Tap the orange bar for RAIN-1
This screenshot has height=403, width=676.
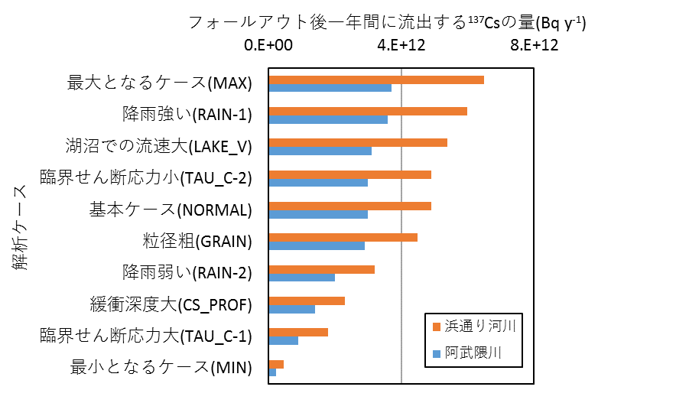[x=368, y=111]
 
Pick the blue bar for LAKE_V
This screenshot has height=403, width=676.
[x=320, y=151]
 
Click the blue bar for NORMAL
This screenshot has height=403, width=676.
[x=318, y=213]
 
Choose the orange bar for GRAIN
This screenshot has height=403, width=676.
[x=343, y=237]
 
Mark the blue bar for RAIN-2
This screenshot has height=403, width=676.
[x=302, y=276]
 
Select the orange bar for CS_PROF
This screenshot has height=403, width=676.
[x=307, y=300]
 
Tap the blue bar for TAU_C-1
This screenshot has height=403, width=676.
[x=284, y=340]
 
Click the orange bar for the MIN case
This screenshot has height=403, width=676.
[x=276, y=363]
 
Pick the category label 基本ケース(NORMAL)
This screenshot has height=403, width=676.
[x=171, y=210]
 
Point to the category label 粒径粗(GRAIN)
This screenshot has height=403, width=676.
[x=197, y=241]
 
